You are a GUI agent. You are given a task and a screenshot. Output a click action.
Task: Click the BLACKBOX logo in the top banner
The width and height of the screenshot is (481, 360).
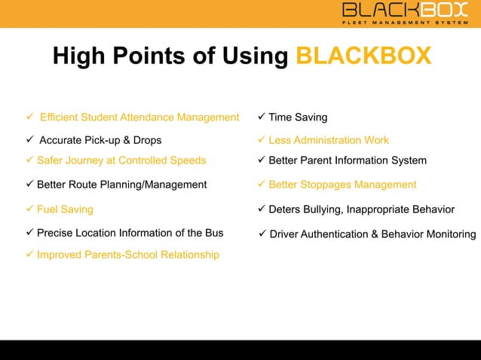[405, 10]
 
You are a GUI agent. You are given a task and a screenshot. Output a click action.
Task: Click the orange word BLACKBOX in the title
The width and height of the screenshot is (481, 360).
[363, 56]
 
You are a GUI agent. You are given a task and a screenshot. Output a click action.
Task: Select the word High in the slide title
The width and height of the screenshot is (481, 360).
[80, 56]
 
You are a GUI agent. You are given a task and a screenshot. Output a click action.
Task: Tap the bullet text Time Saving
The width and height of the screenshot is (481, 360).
[298, 117]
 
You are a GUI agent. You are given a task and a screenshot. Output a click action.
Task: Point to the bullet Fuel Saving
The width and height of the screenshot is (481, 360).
[65, 209]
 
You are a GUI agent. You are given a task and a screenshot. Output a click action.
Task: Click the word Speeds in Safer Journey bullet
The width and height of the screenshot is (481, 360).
[188, 160]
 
